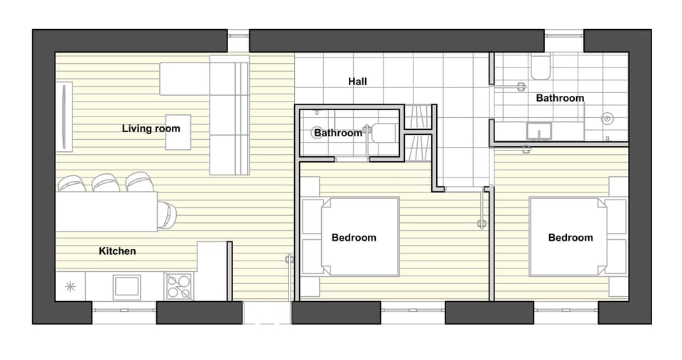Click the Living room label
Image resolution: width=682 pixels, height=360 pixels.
pyautogui.click(x=151, y=129)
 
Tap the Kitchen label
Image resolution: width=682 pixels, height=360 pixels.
pyautogui.click(x=117, y=251)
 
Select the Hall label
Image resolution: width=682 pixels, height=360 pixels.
pyautogui.click(x=357, y=82)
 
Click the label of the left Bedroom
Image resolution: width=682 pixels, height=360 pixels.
pyautogui.click(x=354, y=238)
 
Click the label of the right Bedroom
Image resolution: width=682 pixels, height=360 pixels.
pyautogui.click(x=570, y=238)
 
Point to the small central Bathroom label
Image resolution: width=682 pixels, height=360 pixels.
pyautogui.click(x=338, y=133)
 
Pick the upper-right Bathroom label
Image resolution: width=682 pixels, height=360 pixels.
pyautogui.click(x=560, y=98)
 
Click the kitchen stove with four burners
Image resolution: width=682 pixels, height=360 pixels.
pyautogui.click(x=179, y=287)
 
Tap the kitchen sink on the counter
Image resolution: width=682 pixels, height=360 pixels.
pyautogui.click(x=126, y=286)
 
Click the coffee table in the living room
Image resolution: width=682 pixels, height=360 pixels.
pyautogui.click(x=178, y=132)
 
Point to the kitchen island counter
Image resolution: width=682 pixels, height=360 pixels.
pyautogui.click(x=107, y=212)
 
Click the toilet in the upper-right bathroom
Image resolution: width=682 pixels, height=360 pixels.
pyautogui.click(x=539, y=67)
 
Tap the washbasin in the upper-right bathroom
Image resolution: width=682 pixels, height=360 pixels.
pyautogui.click(x=539, y=131)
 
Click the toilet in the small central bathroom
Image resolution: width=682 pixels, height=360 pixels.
pyautogui.click(x=385, y=133)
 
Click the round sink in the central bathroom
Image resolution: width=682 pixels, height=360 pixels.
pyautogui.click(x=319, y=132)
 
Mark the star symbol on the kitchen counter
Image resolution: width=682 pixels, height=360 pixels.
pyautogui.click(x=70, y=287)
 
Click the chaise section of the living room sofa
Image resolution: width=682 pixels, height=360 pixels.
pyautogui.click(x=185, y=79)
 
